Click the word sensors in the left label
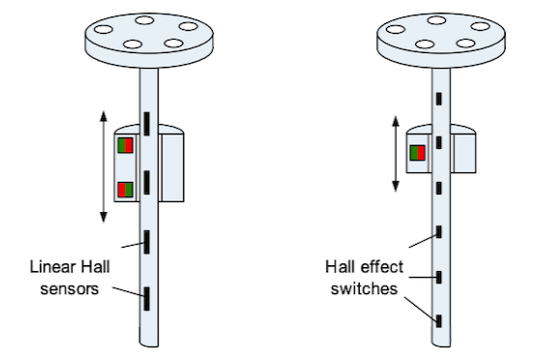click(x=70, y=289)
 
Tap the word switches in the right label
click(x=364, y=289)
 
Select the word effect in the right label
click(x=382, y=267)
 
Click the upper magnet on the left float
click(x=125, y=145)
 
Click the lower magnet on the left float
click(x=125, y=190)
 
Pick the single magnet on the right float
click(x=417, y=153)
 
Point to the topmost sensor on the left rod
click(x=147, y=124)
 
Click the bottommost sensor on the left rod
click(x=147, y=299)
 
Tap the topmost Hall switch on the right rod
click(x=439, y=99)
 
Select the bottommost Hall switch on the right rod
click(x=439, y=321)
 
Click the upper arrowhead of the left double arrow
click(x=104, y=116)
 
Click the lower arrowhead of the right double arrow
click(x=396, y=187)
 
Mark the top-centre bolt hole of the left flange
click(x=144, y=20)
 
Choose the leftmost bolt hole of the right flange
click(x=395, y=29)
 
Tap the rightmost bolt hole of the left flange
click(x=189, y=26)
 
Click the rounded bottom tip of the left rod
click(x=149, y=346)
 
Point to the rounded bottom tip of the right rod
click(x=441, y=346)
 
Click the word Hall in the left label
click(x=96, y=267)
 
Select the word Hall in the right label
click(x=341, y=267)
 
